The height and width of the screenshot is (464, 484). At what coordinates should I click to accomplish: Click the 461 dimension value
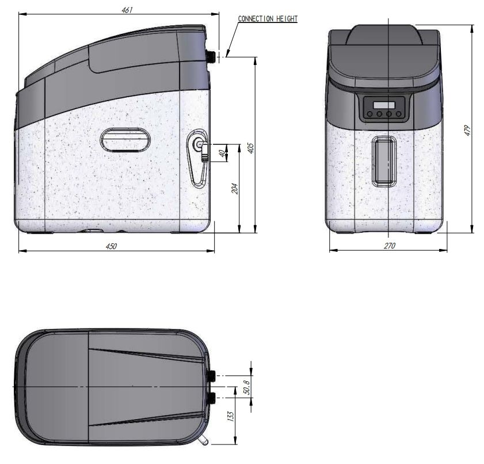(127, 10)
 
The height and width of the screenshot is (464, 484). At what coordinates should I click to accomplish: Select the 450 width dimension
(112, 246)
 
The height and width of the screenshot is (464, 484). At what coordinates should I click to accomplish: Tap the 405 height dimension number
(251, 148)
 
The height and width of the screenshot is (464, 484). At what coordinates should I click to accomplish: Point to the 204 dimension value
(235, 189)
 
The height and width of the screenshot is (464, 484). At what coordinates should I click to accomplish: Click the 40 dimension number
(222, 153)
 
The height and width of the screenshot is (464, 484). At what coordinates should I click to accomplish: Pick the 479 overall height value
(468, 131)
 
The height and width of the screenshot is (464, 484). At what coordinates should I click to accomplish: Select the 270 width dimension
(390, 246)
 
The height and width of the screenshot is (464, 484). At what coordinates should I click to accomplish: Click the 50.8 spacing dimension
(247, 387)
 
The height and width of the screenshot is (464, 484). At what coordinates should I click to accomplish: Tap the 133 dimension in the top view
(231, 416)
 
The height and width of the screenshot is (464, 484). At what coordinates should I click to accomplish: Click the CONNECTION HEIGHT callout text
(268, 19)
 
